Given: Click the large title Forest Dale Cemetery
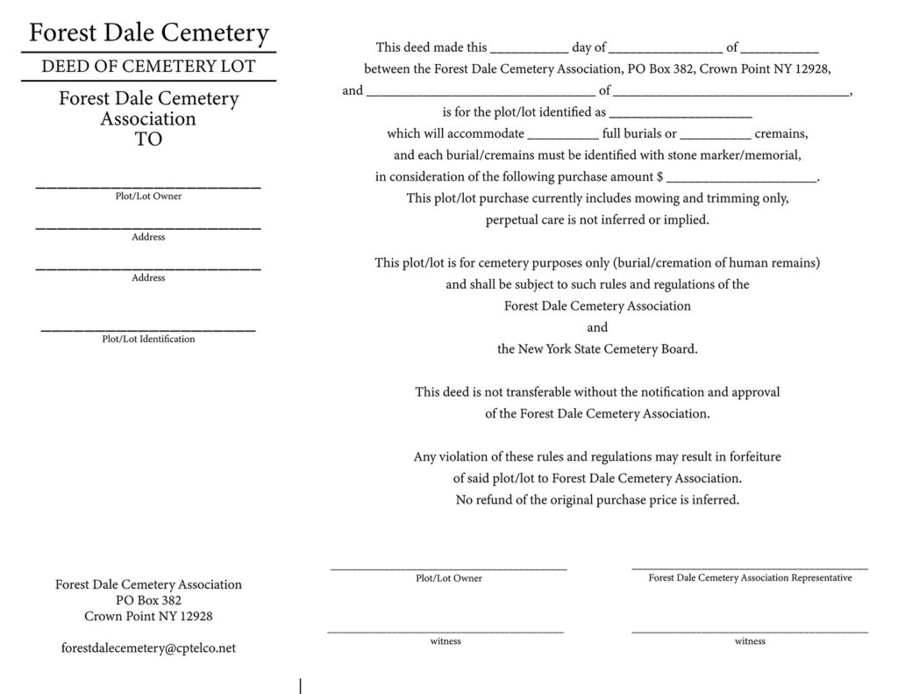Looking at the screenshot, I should click(149, 33).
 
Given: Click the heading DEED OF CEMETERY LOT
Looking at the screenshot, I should click(149, 67).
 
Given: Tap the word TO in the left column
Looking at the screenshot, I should click(149, 140).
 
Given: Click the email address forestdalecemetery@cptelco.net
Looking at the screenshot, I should click(148, 648).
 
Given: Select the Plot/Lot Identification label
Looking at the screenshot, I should click(148, 339).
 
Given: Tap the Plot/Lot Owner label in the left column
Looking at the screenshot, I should click(148, 197).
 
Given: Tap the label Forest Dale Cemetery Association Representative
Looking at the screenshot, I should click(750, 578).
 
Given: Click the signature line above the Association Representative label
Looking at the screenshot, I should click(750, 569).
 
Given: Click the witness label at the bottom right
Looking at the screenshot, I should click(750, 641).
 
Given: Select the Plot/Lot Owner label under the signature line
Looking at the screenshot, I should click(448, 579).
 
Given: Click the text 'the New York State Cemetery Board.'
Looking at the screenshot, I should click(597, 349).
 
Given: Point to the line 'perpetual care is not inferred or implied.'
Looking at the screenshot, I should click(597, 220).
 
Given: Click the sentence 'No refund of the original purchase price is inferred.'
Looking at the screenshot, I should click(597, 500).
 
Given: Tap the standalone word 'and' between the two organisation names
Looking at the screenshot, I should click(597, 327).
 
